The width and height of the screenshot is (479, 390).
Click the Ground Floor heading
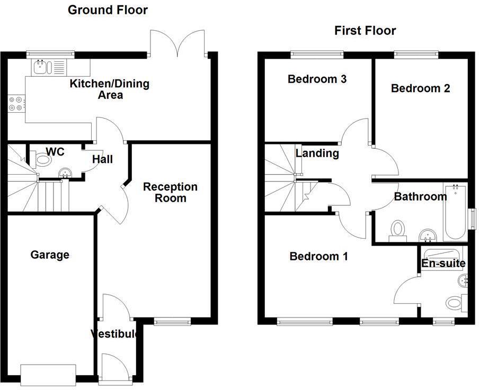[108, 10]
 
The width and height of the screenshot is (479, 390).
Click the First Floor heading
[365, 30]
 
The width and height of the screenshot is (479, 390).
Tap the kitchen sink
[40, 67]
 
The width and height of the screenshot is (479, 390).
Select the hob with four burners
[15, 103]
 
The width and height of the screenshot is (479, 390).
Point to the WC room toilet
[41, 159]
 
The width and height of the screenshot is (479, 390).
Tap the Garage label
[50, 255]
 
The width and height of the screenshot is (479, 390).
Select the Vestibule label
[115, 334]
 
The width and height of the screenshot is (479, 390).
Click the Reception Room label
[170, 192]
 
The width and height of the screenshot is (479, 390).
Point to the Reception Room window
[172, 321]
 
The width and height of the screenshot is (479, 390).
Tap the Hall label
[102, 159]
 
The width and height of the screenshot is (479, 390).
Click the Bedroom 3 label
[317, 79]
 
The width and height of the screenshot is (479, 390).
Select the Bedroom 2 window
[416, 53]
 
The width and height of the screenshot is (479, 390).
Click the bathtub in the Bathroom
[455, 212]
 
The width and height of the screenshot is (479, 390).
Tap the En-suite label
[443, 263]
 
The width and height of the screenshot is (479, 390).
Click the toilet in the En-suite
[455, 303]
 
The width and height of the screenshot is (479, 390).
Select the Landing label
[317, 153]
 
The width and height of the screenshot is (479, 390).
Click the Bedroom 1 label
[318, 257]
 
